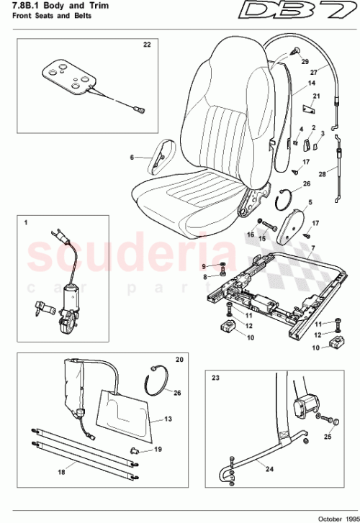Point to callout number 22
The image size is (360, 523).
point(147,45)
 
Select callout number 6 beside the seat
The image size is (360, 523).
point(132,157)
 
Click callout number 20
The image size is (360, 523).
point(180,358)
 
